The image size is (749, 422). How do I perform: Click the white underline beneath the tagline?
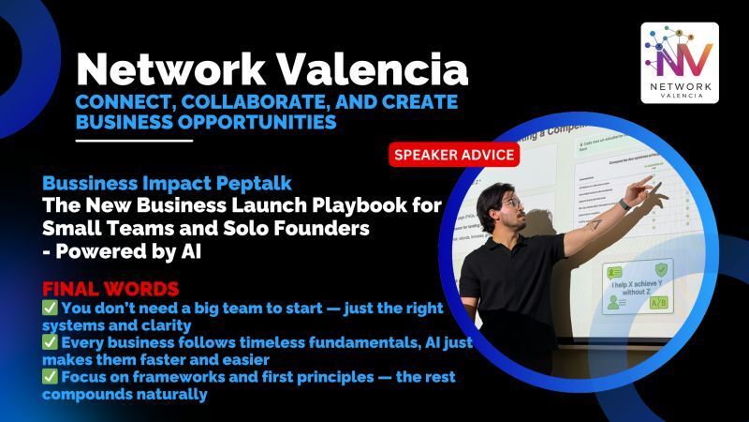pos(134,141)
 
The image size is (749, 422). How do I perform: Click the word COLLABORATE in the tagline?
pos(229,101)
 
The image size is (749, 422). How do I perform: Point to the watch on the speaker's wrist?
pos(624,203)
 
